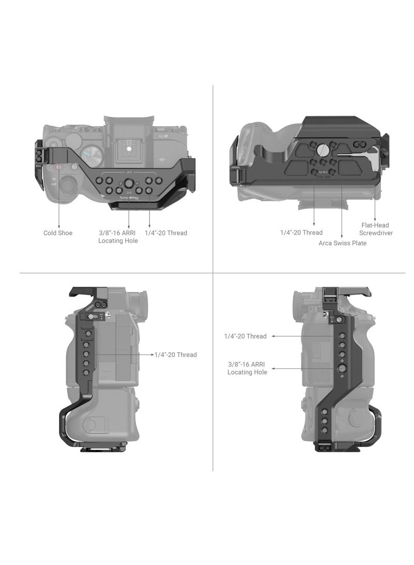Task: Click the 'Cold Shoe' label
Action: (x=58, y=233)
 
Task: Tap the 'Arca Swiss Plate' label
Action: (x=342, y=243)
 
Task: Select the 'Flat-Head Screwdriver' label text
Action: (x=376, y=229)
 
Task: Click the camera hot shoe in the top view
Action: (x=129, y=150)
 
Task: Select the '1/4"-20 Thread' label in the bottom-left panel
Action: (x=176, y=355)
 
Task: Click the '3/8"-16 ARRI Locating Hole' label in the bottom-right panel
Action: (x=247, y=368)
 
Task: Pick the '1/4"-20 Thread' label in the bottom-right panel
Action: (x=245, y=336)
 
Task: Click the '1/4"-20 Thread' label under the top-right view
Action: (x=301, y=233)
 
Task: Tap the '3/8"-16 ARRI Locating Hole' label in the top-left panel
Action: (x=118, y=237)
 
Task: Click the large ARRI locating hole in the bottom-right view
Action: (x=342, y=368)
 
